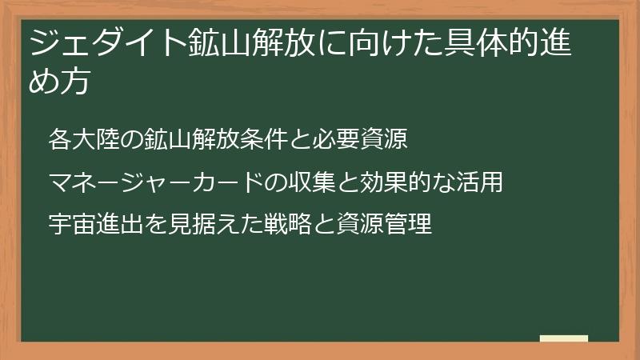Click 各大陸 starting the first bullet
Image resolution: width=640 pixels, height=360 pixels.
coord(83,139)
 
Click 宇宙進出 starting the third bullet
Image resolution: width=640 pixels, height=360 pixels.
coord(95,224)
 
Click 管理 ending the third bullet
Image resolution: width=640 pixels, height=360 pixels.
coord(407,224)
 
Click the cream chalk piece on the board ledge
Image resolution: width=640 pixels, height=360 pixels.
coord(564,339)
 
